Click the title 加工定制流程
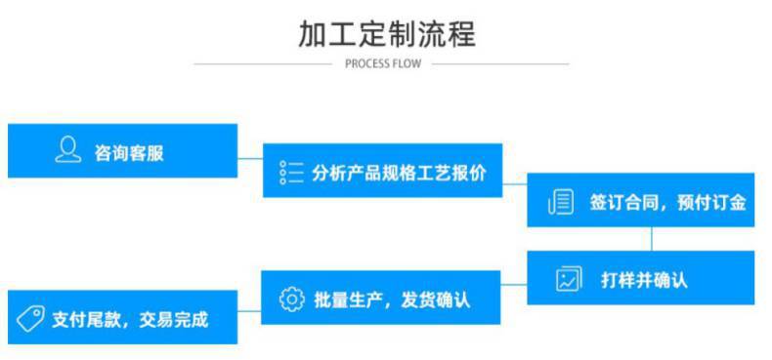coord(386,34)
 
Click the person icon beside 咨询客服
coord(66,150)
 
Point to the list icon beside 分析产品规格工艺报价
coord(291,172)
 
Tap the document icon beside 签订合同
coord(559,202)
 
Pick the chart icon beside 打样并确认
coord(568,280)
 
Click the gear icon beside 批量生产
coord(291,299)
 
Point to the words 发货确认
coord(435,300)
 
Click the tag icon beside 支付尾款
coord(33,318)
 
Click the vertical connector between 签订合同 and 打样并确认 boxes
coord(652,239)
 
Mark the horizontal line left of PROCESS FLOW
coord(264,64)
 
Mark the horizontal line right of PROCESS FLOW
coord(499,64)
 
